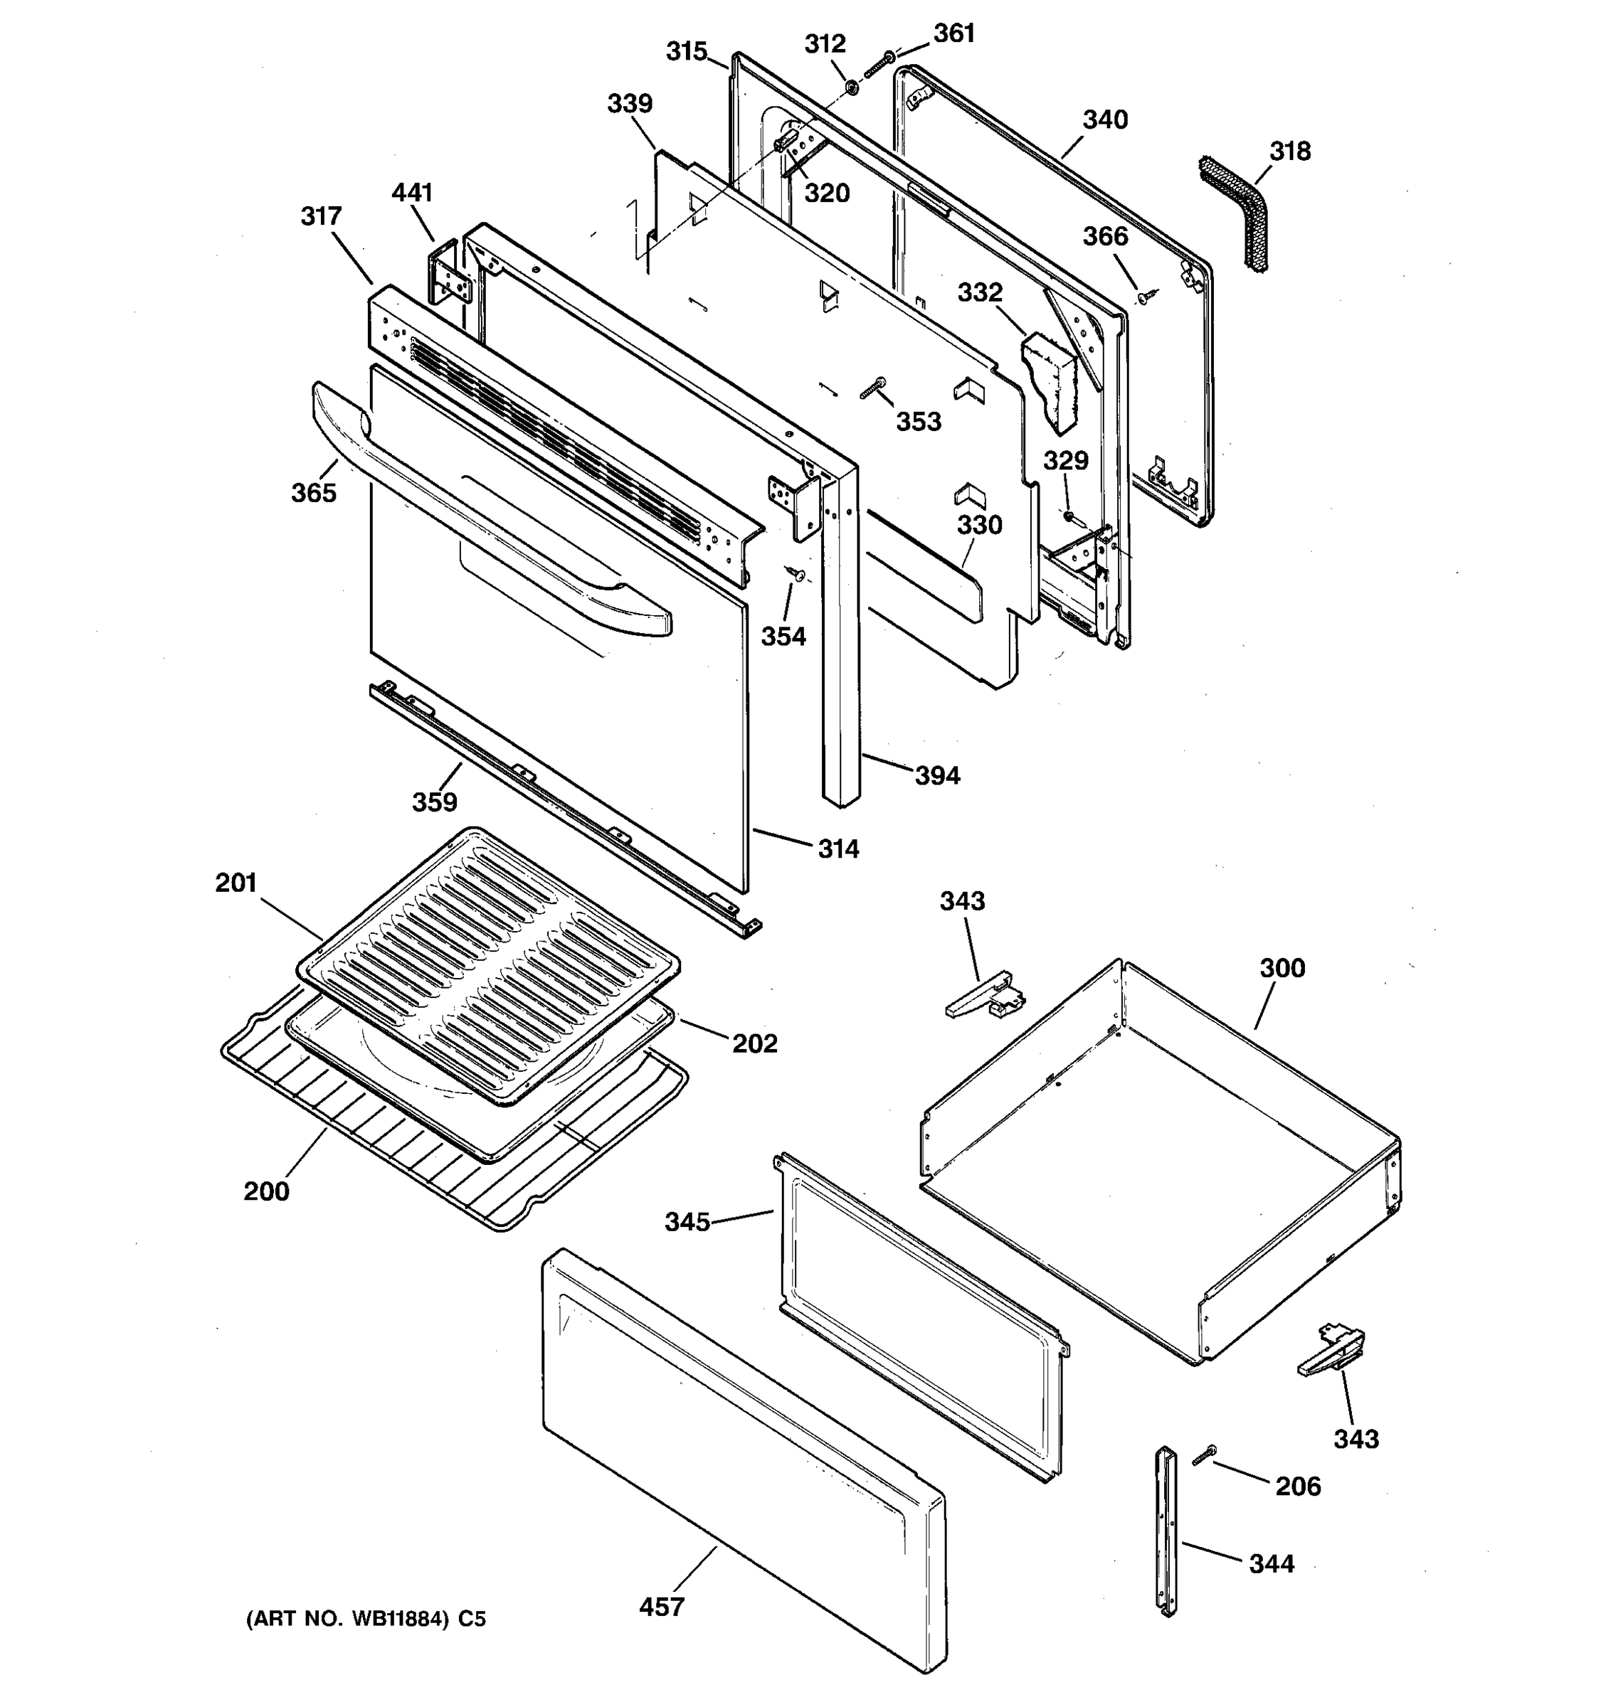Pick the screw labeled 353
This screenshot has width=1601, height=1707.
click(x=874, y=388)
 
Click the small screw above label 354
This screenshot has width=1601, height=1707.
click(x=796, y=573)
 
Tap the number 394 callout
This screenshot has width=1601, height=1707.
click(x=937, y=776)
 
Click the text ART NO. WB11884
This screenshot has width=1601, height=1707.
click(x=348, y=1620)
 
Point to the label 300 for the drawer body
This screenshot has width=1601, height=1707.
click(x=1282, y=969)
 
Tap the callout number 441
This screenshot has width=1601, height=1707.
click(x=412, y=193)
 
